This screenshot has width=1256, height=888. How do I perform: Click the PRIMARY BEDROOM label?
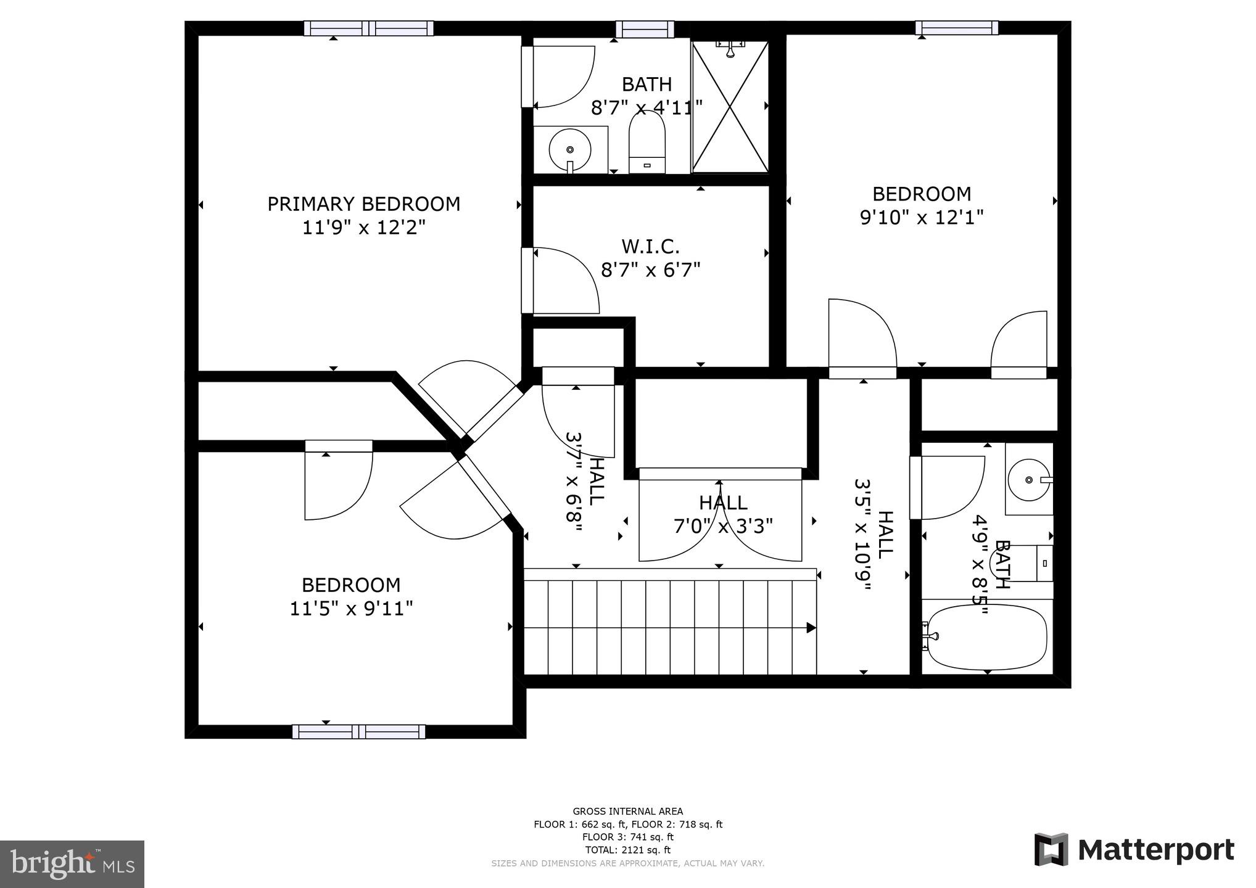[x=363, y=204]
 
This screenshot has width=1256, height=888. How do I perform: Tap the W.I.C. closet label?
[x=650, y=247]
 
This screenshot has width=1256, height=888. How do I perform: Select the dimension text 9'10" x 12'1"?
[x=921, y=218]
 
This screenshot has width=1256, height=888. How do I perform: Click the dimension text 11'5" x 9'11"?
[x=351, y=609]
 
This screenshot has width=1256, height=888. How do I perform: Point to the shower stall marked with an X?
[x=730, y=106]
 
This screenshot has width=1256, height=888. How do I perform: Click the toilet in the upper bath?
[x=647, y=146]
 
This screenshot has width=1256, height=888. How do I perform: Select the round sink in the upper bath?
[x=570, y=150]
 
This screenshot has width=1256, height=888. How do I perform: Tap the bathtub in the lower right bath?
[x=987, y=638]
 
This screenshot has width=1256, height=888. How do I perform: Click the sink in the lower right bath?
[x=1028, y=479]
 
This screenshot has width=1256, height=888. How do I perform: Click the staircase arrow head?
[x=811, y=628]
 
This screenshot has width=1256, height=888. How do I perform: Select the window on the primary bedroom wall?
[x=368, y=28]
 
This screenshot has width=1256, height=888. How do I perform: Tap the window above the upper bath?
[x=645, y=28]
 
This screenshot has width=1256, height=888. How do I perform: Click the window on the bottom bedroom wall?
[x=358, y=732]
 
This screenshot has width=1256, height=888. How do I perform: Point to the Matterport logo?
[x=1134, y=850]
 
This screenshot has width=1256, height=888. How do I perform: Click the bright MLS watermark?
[x=72, y=864]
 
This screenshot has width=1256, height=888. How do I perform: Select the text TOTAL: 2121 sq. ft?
[x=627, y=850]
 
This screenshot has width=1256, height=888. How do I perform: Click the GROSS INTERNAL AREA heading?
[x=627, y=812]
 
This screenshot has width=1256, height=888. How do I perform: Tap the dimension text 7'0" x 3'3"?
[x=722, y=526]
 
